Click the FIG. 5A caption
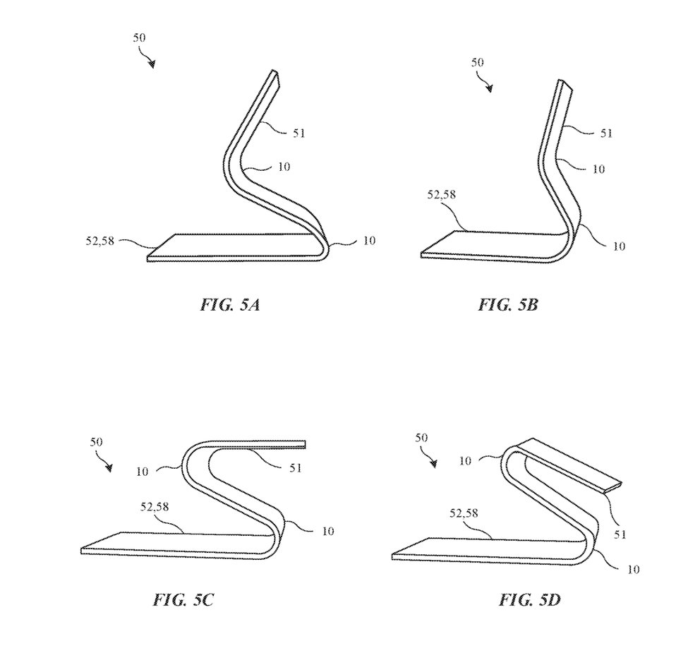(x=229, y=305)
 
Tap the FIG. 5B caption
(x=507, y=305)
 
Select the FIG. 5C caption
(x=183, y=599)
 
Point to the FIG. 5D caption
(x=529, y=599)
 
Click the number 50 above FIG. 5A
(x=139, y=37)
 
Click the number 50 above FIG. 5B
(x=477, y=62)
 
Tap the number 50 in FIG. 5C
(x=96, y=442)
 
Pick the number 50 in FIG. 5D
(x=421, y=437)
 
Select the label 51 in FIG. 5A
(x=298, y=133)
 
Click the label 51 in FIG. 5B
(x=606, y=133)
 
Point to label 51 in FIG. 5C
(x=296, y=468)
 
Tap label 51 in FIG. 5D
(x=620, y=534)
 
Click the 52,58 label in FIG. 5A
(x=100, y=241)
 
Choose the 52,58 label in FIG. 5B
(x=442, y=195)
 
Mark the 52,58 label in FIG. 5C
(x=155, y=507)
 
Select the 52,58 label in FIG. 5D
(x=464, y=513)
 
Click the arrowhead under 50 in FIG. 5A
(x=152, y=64)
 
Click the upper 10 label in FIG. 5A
(x=284, y=167)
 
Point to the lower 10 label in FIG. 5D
(x=633, y=569)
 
